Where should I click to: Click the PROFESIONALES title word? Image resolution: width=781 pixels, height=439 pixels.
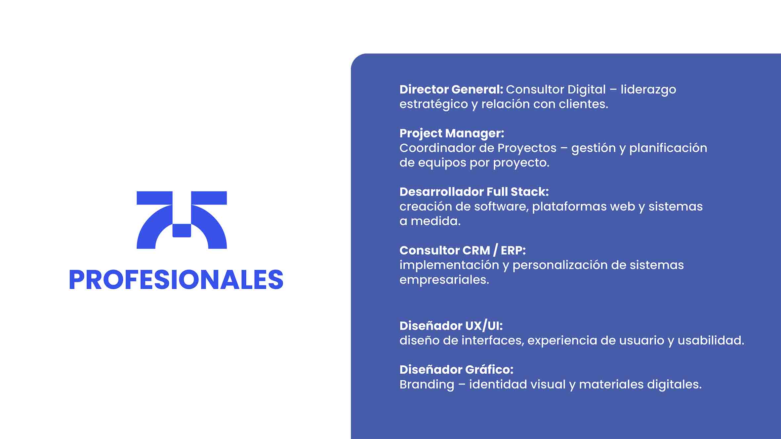point(176,279)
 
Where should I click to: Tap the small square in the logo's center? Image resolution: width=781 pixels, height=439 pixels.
point(182,231)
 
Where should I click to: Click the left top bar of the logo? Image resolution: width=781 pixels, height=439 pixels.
point(154,198)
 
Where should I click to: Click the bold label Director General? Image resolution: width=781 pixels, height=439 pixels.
point(451,90)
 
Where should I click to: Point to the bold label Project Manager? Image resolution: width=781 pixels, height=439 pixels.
point(452,134)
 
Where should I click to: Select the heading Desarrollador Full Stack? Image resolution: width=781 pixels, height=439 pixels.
point(474,192)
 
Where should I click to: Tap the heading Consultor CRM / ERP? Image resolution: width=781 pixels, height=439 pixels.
point(463,250)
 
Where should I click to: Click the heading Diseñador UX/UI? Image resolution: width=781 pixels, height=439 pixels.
point(451,326)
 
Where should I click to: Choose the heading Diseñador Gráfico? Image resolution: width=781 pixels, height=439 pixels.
point(456,370)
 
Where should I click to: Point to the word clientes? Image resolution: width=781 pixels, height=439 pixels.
point(583,104)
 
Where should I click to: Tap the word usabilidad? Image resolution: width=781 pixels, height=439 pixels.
point(711,341)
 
